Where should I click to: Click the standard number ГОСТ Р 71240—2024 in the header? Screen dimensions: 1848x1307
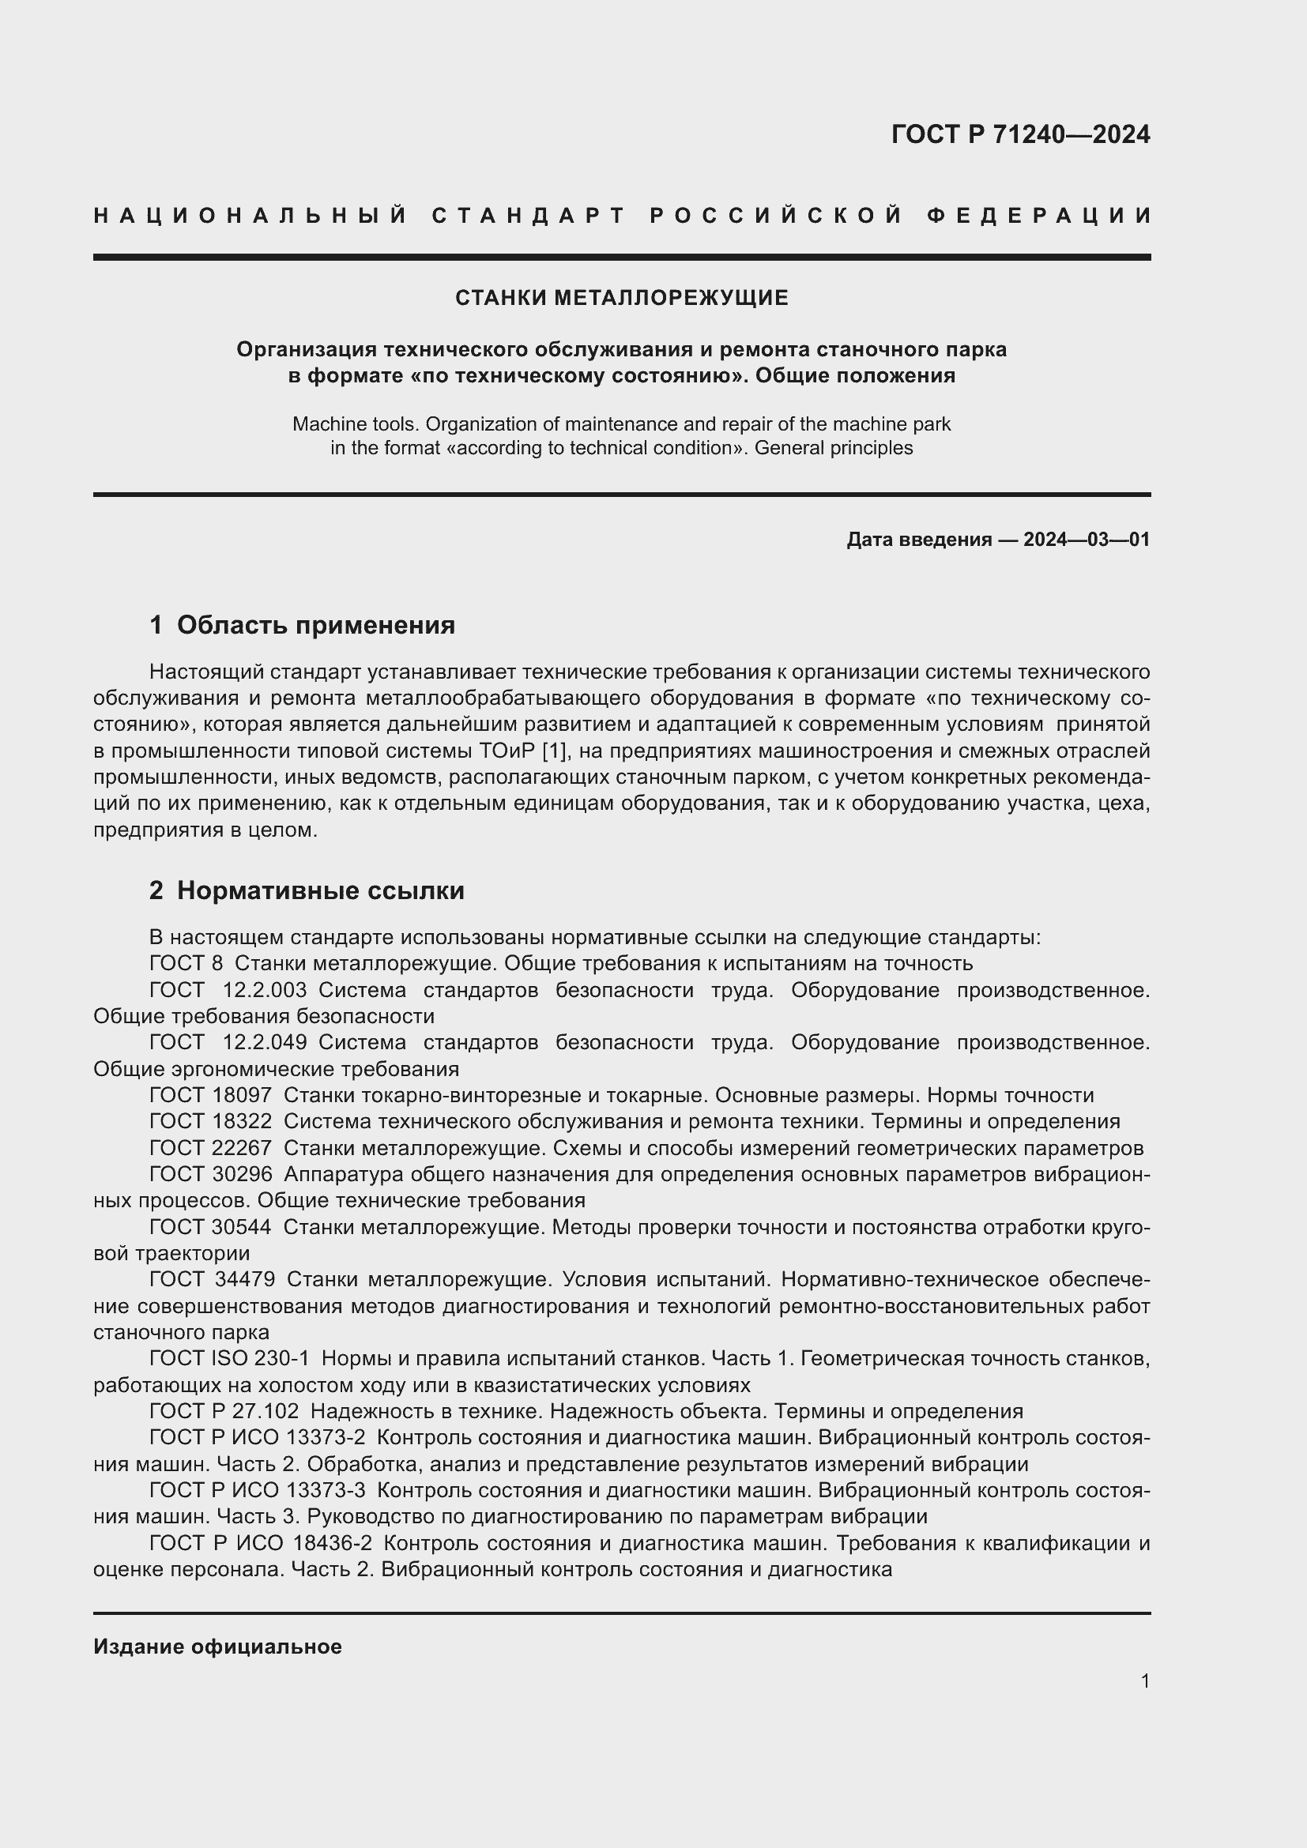1020,134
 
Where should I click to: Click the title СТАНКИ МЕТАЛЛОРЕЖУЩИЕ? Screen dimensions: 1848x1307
621,298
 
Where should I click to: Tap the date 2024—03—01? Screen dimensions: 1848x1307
1087,540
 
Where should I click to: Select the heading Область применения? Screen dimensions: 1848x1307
315,625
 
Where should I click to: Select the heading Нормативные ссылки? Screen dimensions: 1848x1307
320,890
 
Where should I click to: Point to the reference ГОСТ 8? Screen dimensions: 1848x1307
186,963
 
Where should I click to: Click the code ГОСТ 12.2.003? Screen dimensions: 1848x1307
228,990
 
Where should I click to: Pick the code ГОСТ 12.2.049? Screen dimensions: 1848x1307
228,1042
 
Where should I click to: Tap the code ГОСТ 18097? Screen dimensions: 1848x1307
211,1095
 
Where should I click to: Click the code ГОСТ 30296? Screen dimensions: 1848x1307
211,1174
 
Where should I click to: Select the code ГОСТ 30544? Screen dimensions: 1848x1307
211,1228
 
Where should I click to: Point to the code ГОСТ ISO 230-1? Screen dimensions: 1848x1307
229,1359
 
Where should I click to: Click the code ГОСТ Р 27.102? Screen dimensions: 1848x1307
224,1411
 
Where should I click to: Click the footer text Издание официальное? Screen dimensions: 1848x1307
217,1647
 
